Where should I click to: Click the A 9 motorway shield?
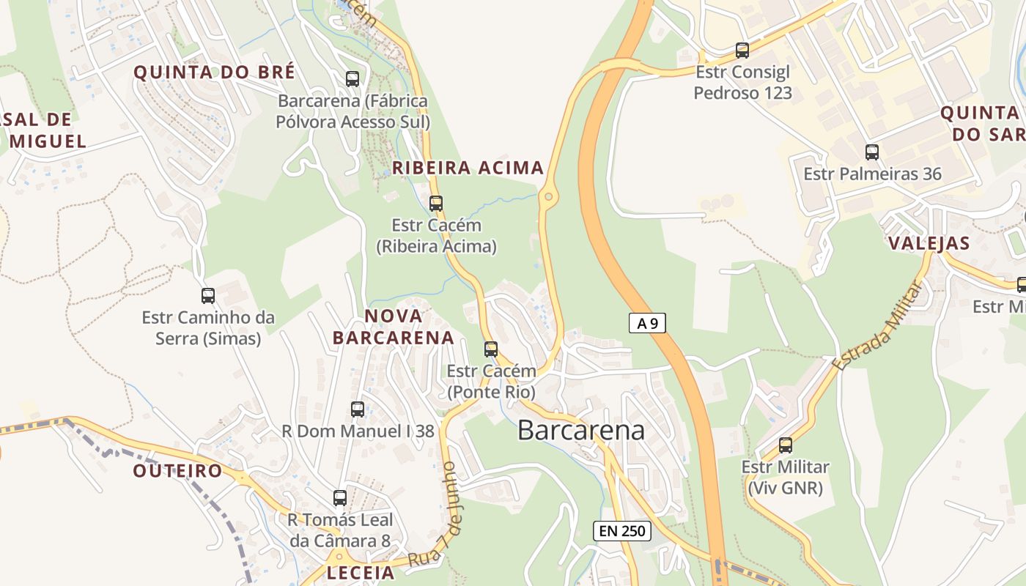[x=647, y=323]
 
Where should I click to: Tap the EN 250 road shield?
[x=621, y=531]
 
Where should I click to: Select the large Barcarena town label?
[x=581, y=430]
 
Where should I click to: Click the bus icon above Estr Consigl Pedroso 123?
[x=742, y=51]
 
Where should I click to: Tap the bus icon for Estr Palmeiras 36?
[x=871, y=152]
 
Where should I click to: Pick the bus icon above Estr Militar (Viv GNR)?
[x=786, y=445]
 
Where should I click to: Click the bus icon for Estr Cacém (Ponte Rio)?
[x=491, y=349]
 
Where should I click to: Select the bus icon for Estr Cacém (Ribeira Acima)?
[x=436, y=204]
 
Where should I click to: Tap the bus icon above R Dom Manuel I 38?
[x=358, y=409]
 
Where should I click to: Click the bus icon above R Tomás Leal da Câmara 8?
[x=340, y=498]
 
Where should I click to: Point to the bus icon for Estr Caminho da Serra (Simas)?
[x=208, y=296]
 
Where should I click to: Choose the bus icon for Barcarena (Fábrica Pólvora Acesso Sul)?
[x=353, y=79]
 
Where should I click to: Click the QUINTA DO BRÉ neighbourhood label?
[x=214, y=72]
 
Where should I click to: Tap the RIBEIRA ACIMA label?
[x=468, y=168]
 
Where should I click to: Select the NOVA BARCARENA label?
[x=394, y=327]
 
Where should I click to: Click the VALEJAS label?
[x=929, y=243]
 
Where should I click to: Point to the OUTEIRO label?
[x=177, y=471]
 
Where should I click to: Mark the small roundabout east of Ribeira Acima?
[x=548, y=196]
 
